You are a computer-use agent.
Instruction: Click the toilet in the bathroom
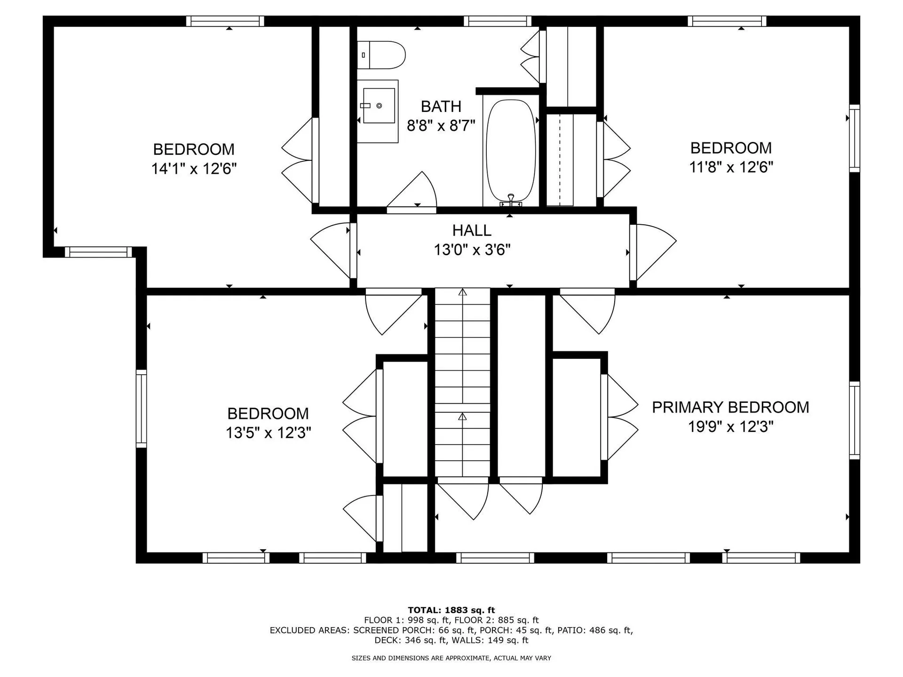coord(382,55)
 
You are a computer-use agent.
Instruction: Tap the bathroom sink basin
coord(379,106)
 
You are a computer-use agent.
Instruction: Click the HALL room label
coord(472,230)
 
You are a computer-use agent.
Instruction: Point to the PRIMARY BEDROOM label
coord(730,407)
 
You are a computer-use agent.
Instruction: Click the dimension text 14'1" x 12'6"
coord(193,169)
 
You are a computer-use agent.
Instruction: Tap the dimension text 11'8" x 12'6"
coord(731,167)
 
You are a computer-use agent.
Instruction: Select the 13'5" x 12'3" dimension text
coord(268,433)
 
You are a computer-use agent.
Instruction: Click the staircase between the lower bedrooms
coord(463,383)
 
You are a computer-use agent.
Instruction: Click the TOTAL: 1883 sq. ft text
coord(451,610)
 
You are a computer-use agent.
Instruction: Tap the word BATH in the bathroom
coord(441,107)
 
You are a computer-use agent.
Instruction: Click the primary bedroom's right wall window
coord(855,420)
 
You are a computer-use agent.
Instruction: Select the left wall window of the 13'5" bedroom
coord(141,408)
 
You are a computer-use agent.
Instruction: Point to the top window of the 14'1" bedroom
coord(225,21)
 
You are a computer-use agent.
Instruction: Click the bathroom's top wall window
coord(497,21)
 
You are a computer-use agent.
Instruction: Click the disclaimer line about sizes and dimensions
coord(451,658)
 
